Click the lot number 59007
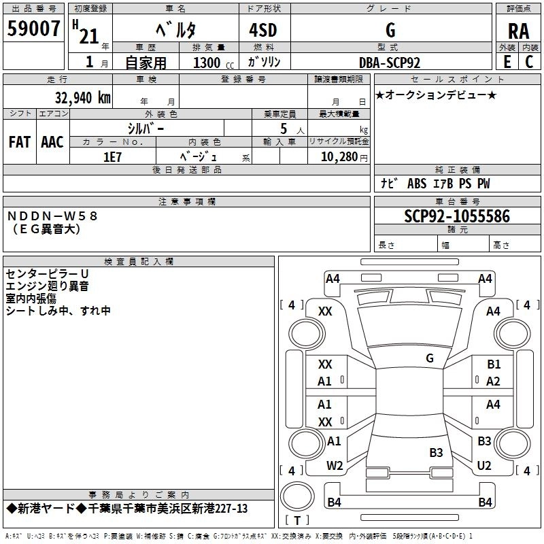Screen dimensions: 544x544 (x=34, y=29)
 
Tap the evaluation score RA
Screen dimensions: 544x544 (x=518, y=31)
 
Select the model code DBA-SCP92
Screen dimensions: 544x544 (x=390, y=63)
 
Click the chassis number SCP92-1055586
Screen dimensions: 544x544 (x=457, y=217)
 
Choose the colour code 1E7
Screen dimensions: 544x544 (x=112, y=156)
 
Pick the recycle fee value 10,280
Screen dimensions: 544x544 (x=336, y=156)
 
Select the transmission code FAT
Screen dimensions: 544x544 (x=20, y=141)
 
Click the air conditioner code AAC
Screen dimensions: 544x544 (x=52, y=141)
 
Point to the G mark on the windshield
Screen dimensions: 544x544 (x=430, y=358)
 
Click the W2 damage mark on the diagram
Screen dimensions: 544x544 (x=335, y=466)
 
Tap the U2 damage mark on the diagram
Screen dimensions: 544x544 (x=484, y=466)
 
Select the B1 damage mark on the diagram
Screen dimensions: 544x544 (x=494, y=364)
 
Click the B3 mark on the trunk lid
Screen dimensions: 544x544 (x=436, y=452)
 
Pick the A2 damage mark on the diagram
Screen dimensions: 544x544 (x=494, y=381)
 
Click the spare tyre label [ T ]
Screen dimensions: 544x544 (x=297, y=521)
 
